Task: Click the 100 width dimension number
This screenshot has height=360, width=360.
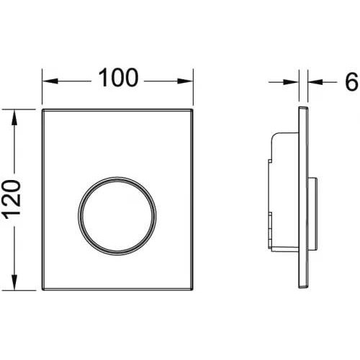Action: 118,77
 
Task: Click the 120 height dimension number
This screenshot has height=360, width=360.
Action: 13,200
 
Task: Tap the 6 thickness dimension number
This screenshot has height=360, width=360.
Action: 351,81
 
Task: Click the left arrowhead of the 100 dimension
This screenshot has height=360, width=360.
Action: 50,81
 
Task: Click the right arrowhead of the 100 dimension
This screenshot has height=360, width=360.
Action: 185,81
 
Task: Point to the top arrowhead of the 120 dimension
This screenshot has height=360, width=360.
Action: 14,117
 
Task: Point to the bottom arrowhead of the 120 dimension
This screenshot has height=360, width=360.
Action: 14,282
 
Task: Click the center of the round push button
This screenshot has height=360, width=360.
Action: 117,216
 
